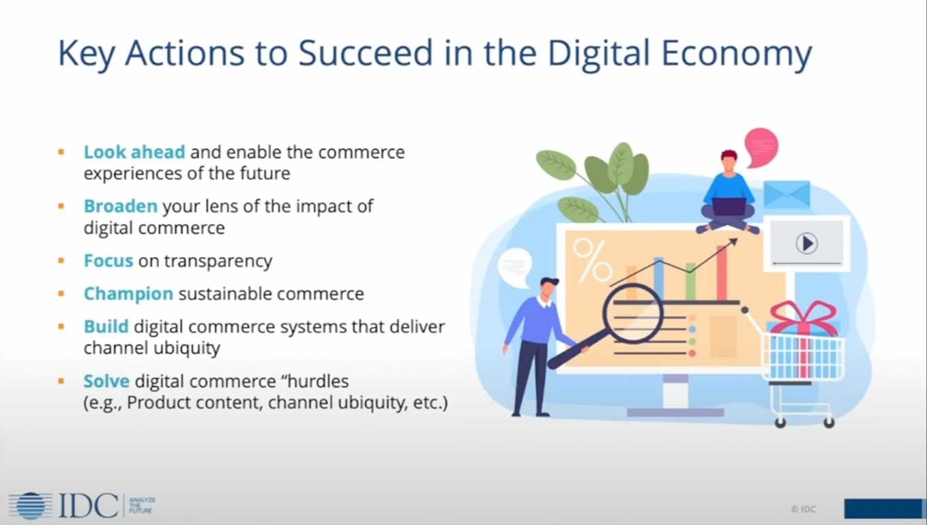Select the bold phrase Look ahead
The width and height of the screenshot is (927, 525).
[x=134, y=151]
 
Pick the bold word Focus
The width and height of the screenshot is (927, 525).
[x=108, y=260]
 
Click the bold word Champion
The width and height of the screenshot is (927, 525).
[x=128, y=294]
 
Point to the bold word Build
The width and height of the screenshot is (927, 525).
[x=106, y=327]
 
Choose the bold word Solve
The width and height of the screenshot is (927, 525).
[x=106, y=380]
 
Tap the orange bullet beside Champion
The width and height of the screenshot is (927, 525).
[x=61, y=294]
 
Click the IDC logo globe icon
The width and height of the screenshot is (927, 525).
[x=31, y=505]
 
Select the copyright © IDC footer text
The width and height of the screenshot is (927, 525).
[x=804, y=509]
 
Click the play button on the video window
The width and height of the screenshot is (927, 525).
[x=806, y=243]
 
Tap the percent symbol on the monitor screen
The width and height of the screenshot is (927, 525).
[x=591, y=259]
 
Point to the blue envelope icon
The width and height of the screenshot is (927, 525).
[x=786, y=194]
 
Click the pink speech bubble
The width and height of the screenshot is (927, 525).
[x=761, y=146]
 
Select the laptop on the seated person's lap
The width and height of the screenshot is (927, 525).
[x=729, y=205]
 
